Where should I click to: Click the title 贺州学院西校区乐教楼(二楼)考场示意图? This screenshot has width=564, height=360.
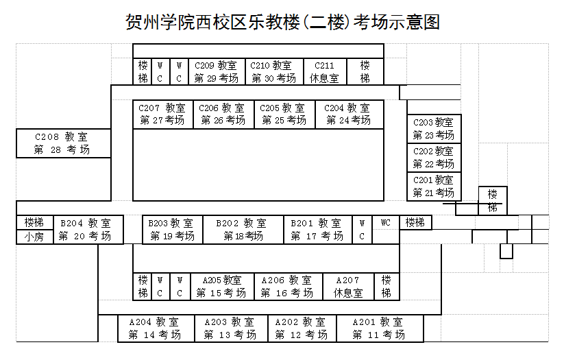[282, 22]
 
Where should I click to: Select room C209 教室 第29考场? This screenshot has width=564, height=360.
[216, 72]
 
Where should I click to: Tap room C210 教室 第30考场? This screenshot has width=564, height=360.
[273, 72]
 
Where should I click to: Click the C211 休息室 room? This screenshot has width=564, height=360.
[324, 72]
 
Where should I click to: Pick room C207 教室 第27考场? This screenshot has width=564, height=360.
[162, 115]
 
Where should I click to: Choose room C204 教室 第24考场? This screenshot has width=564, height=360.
[348, 115]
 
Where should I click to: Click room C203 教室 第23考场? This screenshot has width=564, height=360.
[433, 129]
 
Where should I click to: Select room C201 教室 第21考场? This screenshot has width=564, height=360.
[433, 187]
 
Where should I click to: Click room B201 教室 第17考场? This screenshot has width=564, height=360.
[317, 230]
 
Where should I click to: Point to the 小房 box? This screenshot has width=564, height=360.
[34, 237]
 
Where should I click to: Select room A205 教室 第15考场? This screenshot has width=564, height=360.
[221, 287]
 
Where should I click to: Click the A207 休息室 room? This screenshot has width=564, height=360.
[348, 287]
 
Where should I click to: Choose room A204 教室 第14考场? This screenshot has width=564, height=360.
[154, 328]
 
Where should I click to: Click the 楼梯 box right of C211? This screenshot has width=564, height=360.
[365, 72]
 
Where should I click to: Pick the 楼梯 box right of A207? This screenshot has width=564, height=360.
[387, 287]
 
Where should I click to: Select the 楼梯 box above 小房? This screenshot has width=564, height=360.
[34, 223]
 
